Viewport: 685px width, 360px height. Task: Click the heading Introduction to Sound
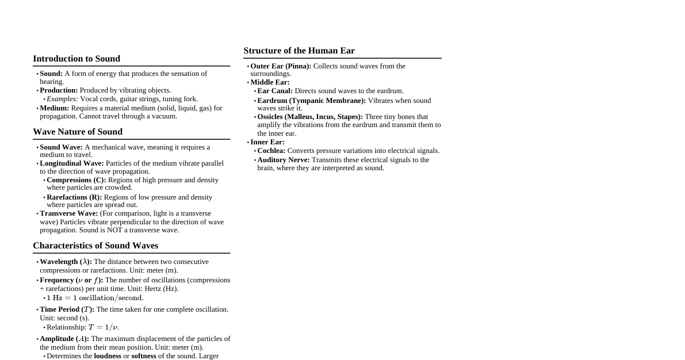click(76, 59)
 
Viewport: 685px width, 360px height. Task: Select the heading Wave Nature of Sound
click(78, 132)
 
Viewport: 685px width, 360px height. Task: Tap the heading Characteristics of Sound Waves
click(95, 246)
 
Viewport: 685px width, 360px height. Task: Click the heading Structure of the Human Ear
click(299, 51)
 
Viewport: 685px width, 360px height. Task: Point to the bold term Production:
click(59, 90)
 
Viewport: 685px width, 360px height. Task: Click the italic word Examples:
click(62, 99)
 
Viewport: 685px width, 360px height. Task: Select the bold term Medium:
click(54, 108)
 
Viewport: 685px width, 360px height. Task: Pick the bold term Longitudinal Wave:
click(72, 163)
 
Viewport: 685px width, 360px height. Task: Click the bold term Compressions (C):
click(76, 180)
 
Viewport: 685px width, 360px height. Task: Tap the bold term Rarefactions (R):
click(74, 197)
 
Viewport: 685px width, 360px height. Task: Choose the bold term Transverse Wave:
click(69, 213)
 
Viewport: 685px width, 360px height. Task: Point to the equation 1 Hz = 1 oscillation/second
click(95, 298)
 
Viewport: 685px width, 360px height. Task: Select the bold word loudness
click(108, 356)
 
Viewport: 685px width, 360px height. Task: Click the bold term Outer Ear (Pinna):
click(281, 66)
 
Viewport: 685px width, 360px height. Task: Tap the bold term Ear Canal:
click(275, 91)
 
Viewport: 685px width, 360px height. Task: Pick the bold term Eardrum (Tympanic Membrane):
click(312, 101)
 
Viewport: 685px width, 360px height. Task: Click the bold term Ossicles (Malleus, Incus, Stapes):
click(310, 117)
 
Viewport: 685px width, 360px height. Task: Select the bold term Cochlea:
click(271, 151)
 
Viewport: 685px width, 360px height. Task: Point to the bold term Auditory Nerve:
click(284, 160)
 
